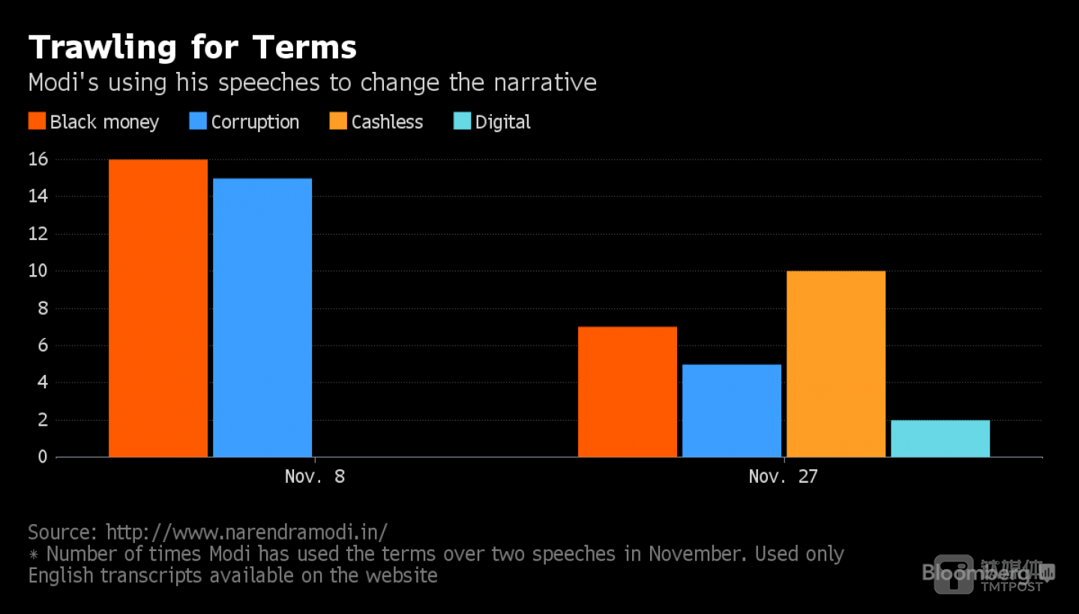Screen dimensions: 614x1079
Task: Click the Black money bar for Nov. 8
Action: tap(158, 307)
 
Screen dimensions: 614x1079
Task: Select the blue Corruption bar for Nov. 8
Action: tap(262, 317)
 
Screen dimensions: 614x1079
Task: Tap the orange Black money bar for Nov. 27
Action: tap(628, 391)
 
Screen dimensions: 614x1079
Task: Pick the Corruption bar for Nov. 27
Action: tap(732, 410)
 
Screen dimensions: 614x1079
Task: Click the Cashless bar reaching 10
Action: tap(836, 364)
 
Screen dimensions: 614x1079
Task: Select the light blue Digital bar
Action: tap(940, 438)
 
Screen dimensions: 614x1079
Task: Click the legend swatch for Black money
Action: tap(37, 121)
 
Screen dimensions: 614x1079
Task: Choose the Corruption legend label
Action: tap(255, 122)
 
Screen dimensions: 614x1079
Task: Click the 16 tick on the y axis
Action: tap(38, 160)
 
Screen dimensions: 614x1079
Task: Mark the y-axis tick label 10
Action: tap(38, 271)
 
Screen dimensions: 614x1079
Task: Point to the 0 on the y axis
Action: tap(43, 457)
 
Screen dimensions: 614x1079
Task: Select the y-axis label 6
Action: tap(43, 345)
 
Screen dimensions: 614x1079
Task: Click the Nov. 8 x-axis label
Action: tap(315, 476)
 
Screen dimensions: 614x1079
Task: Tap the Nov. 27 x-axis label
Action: tap(783, 476)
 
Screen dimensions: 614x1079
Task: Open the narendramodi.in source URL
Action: tap(247, 532)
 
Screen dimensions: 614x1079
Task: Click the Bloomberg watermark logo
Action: tap(967, 574)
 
